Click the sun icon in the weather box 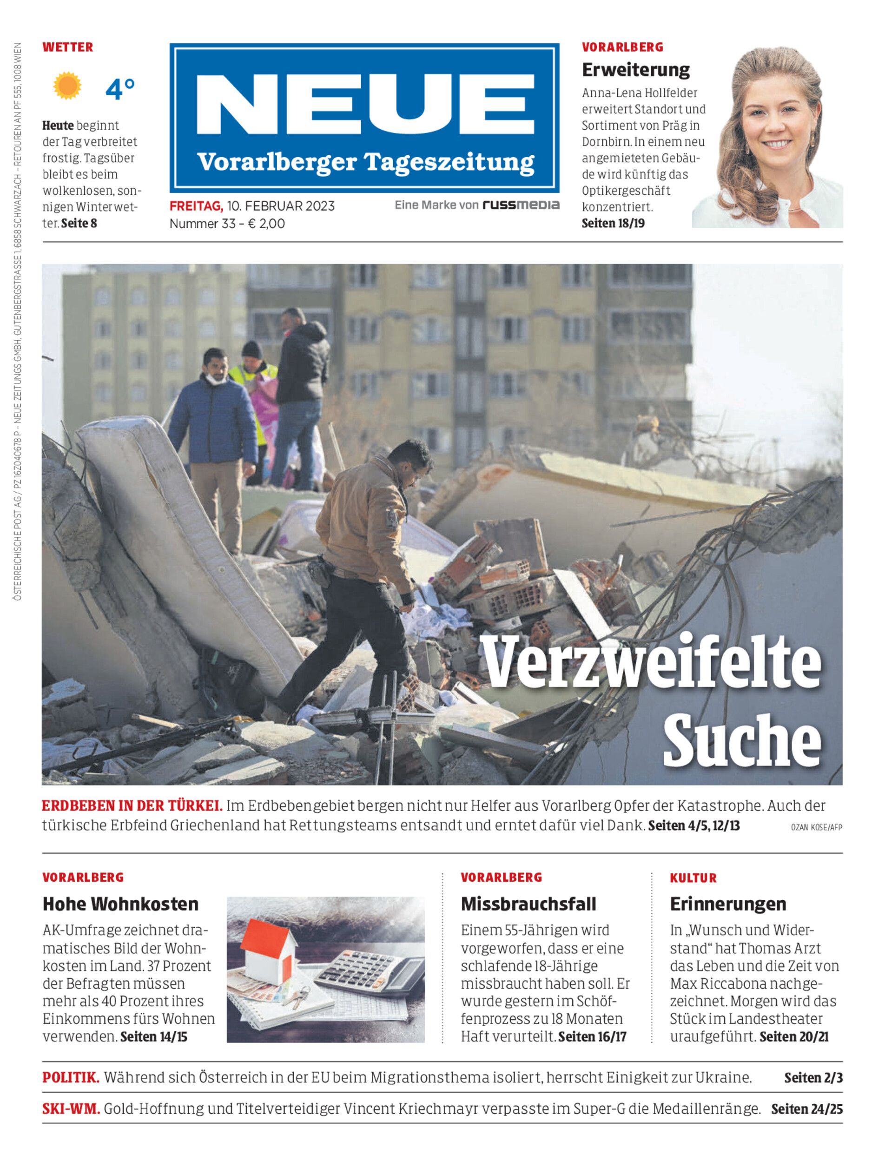pos(67,86)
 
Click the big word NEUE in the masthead pos(365,104)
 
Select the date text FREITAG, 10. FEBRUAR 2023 pos(252,206)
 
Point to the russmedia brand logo pos(521,205)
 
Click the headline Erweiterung pos(635,70)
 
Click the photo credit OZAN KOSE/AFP pos(816,827)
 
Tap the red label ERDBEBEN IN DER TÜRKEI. pos(132,805)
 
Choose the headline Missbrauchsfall pos(528,904)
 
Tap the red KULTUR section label pos(693,878)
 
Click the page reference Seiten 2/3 pos(813,1078)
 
